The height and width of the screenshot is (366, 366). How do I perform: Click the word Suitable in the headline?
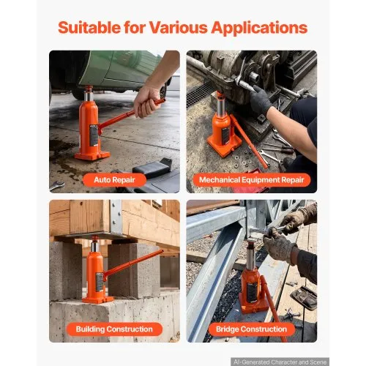(x=89, y=27)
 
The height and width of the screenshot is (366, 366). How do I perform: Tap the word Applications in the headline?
(x=259, y=28)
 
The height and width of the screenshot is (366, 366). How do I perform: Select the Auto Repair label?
(x=114, y=180)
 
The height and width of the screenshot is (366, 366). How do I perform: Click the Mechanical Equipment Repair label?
(x=252, y=180)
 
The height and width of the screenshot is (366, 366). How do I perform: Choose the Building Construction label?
(x=114, y=329)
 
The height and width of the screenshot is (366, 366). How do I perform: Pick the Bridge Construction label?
(x=252, y=329)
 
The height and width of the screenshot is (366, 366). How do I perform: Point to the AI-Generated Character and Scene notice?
(x=280, y=362)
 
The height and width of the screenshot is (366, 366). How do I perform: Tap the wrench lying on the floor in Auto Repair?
(x=57, y=185)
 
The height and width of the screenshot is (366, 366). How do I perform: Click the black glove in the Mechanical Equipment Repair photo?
(x=261, y=100)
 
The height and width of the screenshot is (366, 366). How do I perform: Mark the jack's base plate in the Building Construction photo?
(x=97, y=299)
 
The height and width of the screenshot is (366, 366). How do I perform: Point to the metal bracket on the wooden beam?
(x=116, y=217)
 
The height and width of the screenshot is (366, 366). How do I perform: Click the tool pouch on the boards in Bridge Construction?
(x=304, y=297)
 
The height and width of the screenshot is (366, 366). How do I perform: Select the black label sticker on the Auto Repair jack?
(x=94, y=135)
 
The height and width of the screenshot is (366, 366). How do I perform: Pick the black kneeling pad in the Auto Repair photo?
(x=152, y=168)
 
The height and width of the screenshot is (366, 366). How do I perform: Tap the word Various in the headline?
(x=178, y=27)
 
